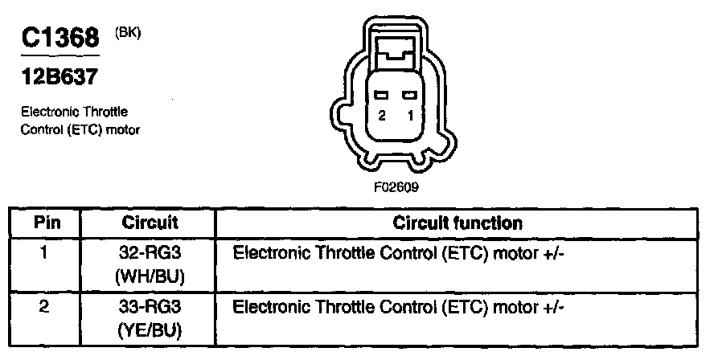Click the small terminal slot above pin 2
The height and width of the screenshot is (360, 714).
[381, 96]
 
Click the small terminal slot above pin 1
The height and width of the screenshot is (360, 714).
[410, 96]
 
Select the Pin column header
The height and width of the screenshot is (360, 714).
[46, 223]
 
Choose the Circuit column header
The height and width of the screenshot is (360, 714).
[149, 223]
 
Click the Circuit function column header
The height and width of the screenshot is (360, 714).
[457, 223]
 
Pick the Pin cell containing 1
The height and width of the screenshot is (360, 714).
[46, 252]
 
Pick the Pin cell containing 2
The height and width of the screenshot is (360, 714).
[46, 306]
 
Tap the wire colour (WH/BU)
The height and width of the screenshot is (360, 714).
[150, 276]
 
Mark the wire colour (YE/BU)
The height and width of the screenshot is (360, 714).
[150, 330]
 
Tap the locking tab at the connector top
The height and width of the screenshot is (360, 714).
[395, 51]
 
